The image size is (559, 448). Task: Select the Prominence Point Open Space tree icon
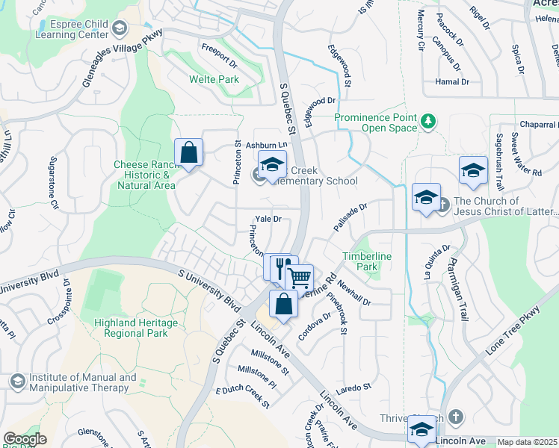tap(428, 122)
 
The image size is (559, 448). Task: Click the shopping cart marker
tap(299, 277)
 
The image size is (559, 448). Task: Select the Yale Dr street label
tap(268, 219)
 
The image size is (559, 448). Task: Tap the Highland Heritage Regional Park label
tap(135, 329)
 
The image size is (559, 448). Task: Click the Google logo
tap(25, 439)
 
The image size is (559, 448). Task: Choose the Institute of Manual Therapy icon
tap(17, 382)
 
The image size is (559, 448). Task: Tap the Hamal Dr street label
tap(453, 81)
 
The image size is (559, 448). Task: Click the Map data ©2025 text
tap(527, 443)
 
